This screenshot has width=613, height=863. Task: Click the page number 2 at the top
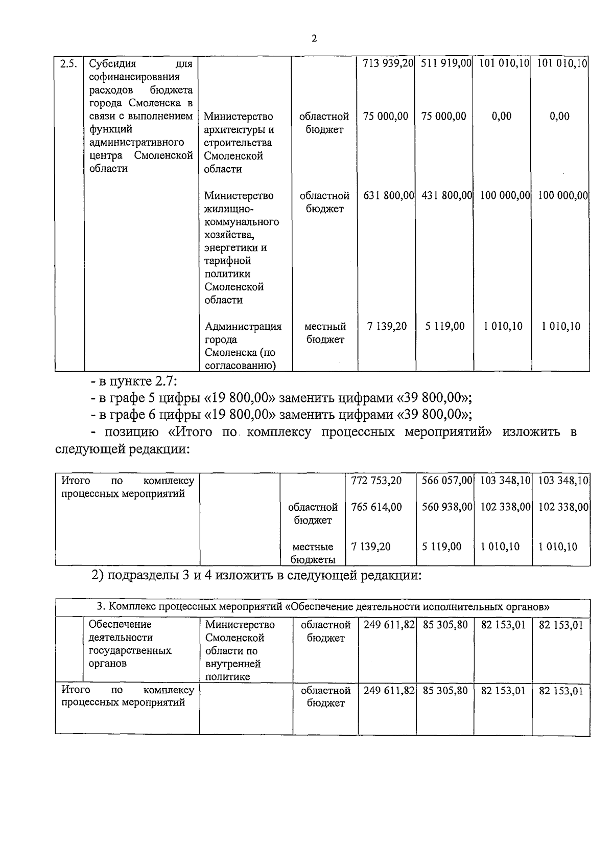coord(314,39)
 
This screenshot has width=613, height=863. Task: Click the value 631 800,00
coord(388,195)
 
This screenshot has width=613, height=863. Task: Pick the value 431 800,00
coord(446,195)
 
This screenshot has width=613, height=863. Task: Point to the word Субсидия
coord(112,64)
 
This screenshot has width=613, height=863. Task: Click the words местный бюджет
coord(325,333)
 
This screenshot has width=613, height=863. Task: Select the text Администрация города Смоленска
coord(243,339)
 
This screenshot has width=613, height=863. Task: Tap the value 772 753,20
coord(376,481)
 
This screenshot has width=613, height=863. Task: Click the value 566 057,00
coord(446,481)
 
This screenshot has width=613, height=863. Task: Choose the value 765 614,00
coord(376,507)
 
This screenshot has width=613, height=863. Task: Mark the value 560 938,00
coord(446,507)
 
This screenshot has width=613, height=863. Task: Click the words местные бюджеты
coord(313,553)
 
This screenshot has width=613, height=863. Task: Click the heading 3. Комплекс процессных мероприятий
coord(323,607)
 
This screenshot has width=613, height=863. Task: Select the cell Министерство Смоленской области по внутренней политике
coord(240,650)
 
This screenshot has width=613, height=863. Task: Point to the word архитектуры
coord(239,130)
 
